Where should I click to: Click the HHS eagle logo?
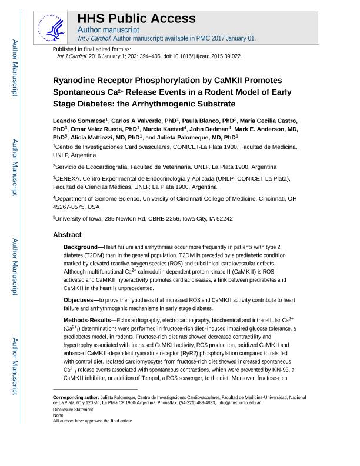(x=55, y=28)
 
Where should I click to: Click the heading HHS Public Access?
(x=136, y=18)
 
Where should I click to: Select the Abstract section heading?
(x=67, y=234)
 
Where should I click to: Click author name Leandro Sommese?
(x=79, y=121)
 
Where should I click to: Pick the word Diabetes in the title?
(x=94, y=104)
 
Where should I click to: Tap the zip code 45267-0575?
(x=69, y=207)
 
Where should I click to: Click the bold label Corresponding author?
(x=76, y=398)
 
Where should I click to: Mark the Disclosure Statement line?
(x=73, y=410)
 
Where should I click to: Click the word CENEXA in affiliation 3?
(x=68, y=178)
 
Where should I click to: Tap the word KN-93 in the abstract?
(x=284, y=370)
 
